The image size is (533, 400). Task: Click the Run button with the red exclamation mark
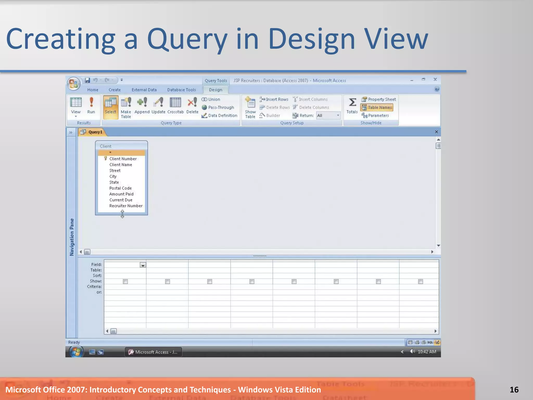tap(91, 105)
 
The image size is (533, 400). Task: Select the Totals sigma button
tap(352, 105)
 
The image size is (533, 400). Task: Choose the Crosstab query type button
tap(175, 105)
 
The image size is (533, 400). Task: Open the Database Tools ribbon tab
tap(181, 90)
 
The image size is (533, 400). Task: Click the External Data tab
tap(144, 90)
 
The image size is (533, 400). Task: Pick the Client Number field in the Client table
tap(123, 159)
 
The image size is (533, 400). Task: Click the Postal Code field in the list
tap(120, 188)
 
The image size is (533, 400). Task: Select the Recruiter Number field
tap(126, 206)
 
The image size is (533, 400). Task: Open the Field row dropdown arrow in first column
tap(143, 265)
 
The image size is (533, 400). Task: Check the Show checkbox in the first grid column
tap(125, 282)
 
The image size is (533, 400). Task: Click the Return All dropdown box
tap(328, 115)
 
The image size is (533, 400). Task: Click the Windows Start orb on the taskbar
tap(76, 352)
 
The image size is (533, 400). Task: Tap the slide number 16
tap(514, 390)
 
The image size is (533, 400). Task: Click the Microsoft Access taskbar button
tap(153, 352)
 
